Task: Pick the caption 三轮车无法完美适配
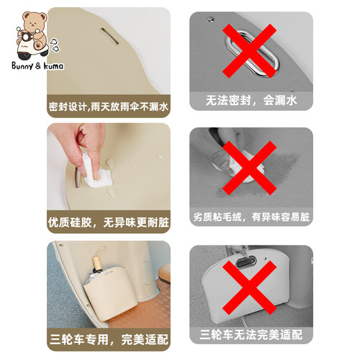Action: tap(251, 336)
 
